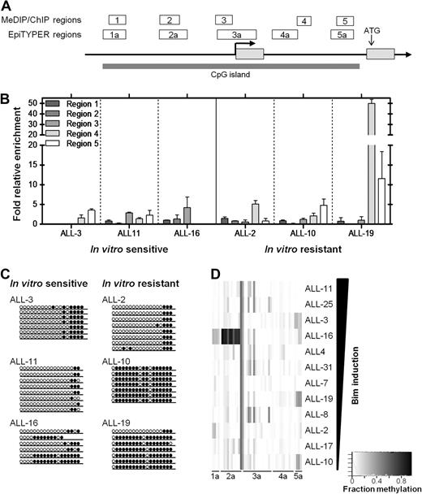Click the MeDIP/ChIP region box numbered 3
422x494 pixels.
pyautogui.click(x=224, y=19)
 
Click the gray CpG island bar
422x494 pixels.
pyautogui.click(x=231, y=66)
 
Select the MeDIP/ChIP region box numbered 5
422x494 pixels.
pyautogui.click(x=344, y=19)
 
